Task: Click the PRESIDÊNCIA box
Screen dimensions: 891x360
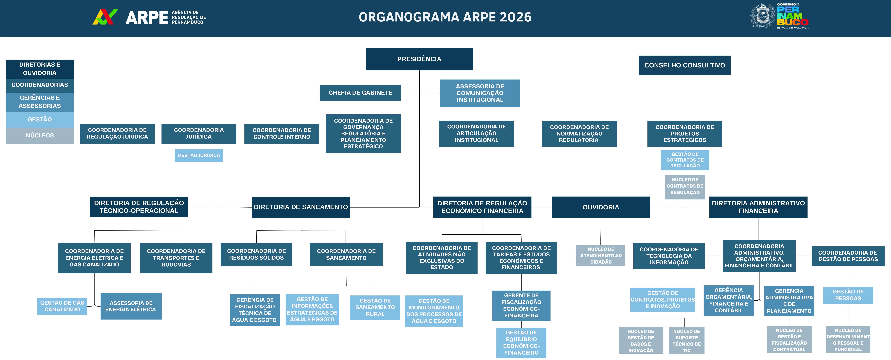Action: coord(419,59)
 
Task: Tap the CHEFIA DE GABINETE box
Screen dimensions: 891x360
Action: coord(360,93)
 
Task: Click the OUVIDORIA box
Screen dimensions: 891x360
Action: coord(601,207)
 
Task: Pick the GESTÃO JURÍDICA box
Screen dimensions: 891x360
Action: coord(199,155)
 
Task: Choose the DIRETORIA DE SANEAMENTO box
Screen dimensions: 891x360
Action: coord(301,207)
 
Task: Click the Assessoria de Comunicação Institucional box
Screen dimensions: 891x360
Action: coord(480,93)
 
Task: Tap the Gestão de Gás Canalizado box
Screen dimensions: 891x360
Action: coord(62,306)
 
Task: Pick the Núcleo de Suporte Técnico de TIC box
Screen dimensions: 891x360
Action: coord(687,341)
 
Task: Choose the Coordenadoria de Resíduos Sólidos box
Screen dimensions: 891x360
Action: coord(256,254)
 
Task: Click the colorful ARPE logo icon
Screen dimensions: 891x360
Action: coord(105,17)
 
